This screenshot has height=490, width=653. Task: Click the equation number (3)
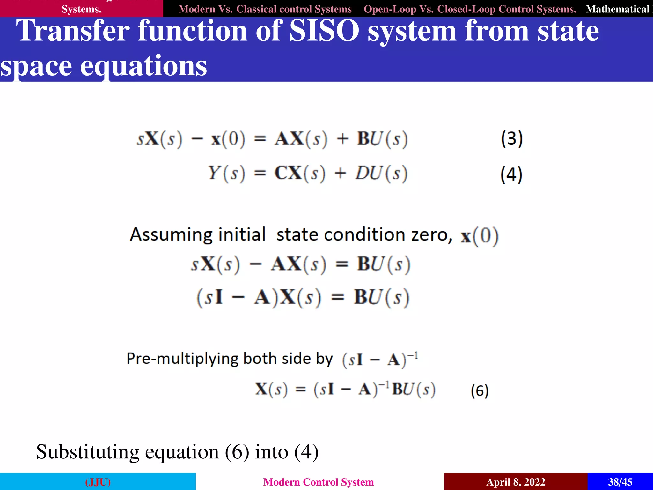tap(512, 139)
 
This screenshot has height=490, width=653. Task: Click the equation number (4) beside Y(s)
tap(511, 174)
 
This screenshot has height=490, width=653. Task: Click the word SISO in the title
tap(324, 31)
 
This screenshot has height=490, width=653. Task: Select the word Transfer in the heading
tap(73, 31)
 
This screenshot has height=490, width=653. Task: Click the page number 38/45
tap(620, 482)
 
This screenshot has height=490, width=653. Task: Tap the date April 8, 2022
tap(516, 482)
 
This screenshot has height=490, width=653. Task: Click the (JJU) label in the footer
tap(98, 482)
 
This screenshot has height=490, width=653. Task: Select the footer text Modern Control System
tap(318, 482)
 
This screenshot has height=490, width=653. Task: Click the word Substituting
tap(87, 452)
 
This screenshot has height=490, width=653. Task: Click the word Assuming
tap(171, 235)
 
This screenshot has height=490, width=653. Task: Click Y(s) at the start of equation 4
tap(226, 173)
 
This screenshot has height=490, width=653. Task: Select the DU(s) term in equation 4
tap(381, 173)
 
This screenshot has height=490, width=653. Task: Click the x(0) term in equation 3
tap(228, 139)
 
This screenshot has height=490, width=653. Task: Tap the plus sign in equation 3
tap(342, 139)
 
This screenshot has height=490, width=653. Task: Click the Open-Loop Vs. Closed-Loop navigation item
tap(470, 9)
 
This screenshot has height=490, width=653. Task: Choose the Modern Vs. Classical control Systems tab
tap(265, 9)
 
